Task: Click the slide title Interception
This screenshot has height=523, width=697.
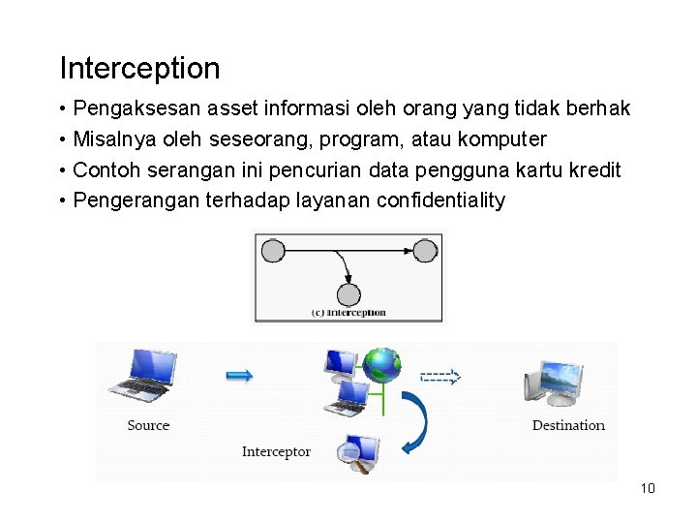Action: (x=139, y=69)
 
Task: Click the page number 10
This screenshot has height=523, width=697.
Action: (x=648, y=488)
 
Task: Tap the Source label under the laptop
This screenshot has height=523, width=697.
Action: (x=148, y=425)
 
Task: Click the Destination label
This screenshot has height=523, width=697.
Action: (x=568, y=425)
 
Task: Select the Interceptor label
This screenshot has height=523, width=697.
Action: (x=276, y=451)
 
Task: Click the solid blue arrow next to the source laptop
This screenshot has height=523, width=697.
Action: (x=239, y=376)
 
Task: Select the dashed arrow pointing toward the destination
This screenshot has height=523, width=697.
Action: (x=440, y=377)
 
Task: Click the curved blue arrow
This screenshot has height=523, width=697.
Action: (x=417, y=422)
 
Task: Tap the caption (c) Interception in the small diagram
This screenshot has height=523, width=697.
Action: (x=348, y=313)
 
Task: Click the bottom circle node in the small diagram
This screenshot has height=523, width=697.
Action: (x=348, y=294)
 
